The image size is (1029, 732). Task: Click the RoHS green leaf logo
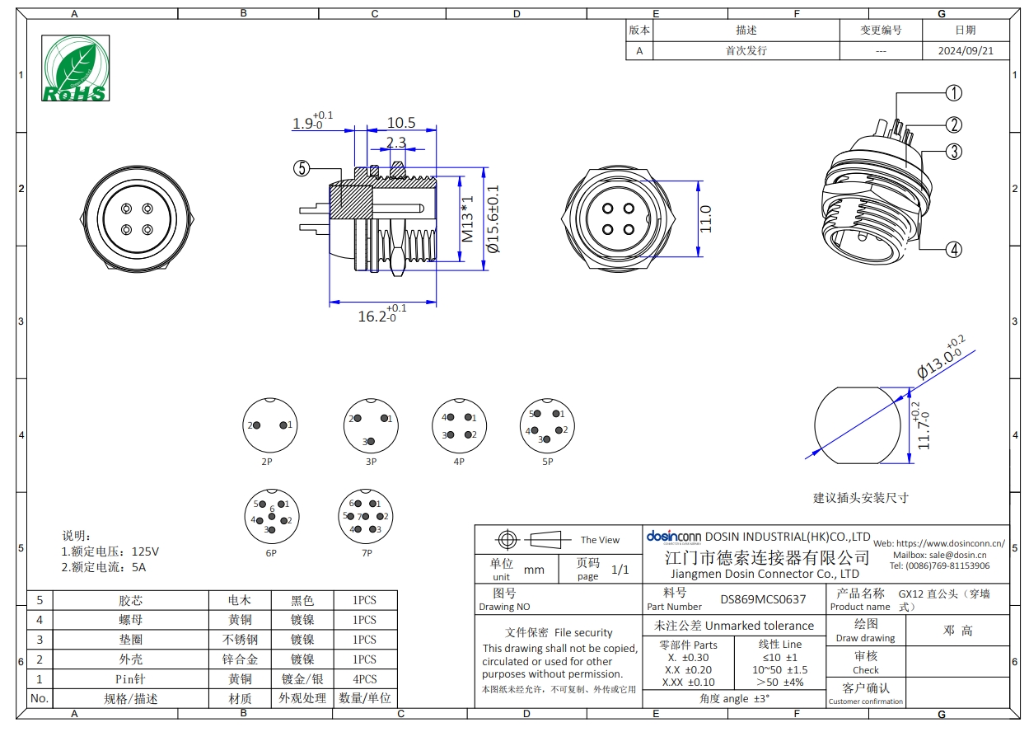click(x=75, y=68)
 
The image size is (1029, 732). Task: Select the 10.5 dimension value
click(x=401, y=123)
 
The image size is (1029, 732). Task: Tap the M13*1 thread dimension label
click(x=467, y=218)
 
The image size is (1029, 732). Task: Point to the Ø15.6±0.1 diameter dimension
click(x=493, y=218)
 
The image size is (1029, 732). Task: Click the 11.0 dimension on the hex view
click(x=705, y=218)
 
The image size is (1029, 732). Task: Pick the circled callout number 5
click(x=302, y=168)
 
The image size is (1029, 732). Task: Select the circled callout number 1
click(x=954, y=93)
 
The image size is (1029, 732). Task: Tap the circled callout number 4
click(x=954, y=250)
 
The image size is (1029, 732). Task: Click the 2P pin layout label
click(x=267, y=462)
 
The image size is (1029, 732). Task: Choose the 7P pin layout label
click(x=367, y=553)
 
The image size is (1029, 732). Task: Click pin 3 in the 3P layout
click(x=371, y=442)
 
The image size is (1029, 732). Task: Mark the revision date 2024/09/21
click(x=966, y=50)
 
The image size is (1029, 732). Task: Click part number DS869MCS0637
click(x=763, y=599)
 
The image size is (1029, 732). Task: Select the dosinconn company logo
click(x=674, y=537)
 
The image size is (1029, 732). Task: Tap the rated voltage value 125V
click(x=145, y=551)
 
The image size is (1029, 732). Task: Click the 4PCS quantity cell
click(x=365, y=678)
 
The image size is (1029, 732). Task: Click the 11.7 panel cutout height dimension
click(x=924, y=426)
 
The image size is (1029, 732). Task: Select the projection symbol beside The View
click(x=534, y=539)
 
